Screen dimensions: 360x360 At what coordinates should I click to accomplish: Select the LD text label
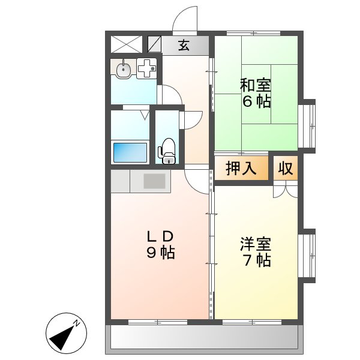160,235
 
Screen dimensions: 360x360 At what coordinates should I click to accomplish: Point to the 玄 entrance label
184,46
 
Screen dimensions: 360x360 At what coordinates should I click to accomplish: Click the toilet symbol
167,150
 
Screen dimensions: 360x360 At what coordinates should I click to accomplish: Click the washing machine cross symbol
146,69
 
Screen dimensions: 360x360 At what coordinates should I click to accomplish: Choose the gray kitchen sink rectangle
156,181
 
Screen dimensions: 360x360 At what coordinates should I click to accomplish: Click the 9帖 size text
160,253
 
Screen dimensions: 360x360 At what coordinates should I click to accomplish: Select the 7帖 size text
256,260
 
